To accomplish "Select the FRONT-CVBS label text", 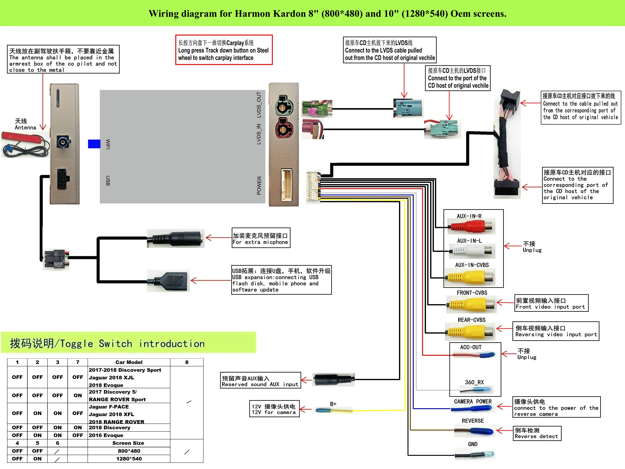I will [472, 293].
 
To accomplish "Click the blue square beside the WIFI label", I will [94, 144].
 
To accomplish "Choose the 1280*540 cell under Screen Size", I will [129, 459].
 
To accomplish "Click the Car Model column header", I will [129, 362].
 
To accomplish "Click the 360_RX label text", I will [474, 382].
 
